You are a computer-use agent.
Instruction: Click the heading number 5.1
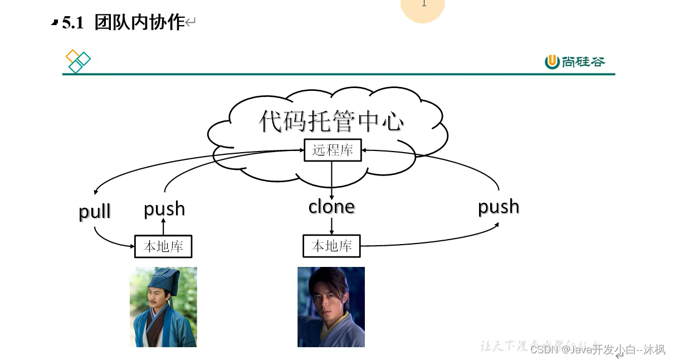tap(72, 23)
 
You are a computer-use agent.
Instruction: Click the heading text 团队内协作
tap(139, 22)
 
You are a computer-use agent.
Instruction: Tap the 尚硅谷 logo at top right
tap(574, 62)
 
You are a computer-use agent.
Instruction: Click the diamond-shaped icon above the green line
tap(78, 61)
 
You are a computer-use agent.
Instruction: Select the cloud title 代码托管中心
tap(331, 121)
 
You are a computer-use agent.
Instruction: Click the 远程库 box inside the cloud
tap(333, 150)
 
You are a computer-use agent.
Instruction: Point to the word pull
tap(95, 212)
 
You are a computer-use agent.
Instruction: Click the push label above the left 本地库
tap(164, 209)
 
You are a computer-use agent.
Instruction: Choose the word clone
tap(331, 207)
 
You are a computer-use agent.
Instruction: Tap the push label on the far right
tap(499, 207)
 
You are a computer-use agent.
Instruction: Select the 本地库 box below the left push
tap(163, 247)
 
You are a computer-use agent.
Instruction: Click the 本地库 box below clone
tap(331, 246)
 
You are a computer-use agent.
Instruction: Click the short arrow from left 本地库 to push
tap(163, 227)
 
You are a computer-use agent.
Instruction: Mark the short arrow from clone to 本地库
tap(332, 226)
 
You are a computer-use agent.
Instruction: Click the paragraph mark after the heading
tap(191, 23)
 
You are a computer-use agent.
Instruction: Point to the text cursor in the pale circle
tap(423, 3)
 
